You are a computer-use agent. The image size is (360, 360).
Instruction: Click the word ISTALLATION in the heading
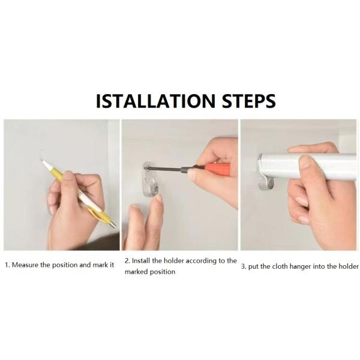155,101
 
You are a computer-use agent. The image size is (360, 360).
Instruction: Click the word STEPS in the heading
248,101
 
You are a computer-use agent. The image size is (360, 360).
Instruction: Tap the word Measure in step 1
25,265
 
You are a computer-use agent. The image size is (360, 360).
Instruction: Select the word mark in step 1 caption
100,265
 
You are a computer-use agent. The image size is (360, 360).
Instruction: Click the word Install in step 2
141,261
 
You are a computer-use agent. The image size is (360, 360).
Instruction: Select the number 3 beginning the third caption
243,267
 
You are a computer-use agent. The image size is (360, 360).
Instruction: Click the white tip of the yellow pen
46,164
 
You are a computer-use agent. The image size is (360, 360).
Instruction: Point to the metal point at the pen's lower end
113,224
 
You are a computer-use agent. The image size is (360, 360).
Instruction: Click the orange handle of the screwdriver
217,169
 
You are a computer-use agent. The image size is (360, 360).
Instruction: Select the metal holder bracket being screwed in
150,179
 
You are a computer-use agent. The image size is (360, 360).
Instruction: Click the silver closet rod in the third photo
308,166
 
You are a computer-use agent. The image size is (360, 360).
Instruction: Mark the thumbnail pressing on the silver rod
305,161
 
